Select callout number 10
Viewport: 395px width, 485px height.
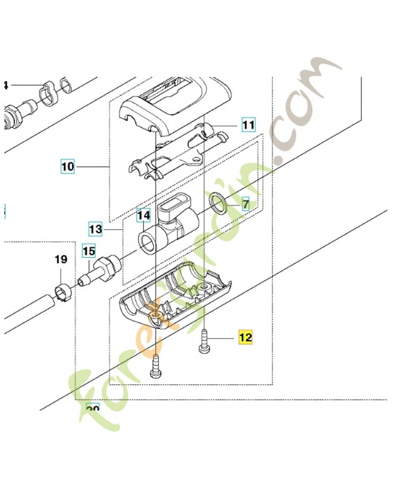tap(68, 166)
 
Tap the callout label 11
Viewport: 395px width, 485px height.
tap(248, 125)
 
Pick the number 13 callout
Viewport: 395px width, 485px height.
tap(96, 230)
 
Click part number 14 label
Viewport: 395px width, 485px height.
tap(143, 215)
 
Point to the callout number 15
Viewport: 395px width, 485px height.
tap(89, 250)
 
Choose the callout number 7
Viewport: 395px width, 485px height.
tap(245, 204)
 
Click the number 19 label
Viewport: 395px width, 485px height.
tap(61, 259)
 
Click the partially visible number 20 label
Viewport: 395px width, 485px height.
tap(92, 409)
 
